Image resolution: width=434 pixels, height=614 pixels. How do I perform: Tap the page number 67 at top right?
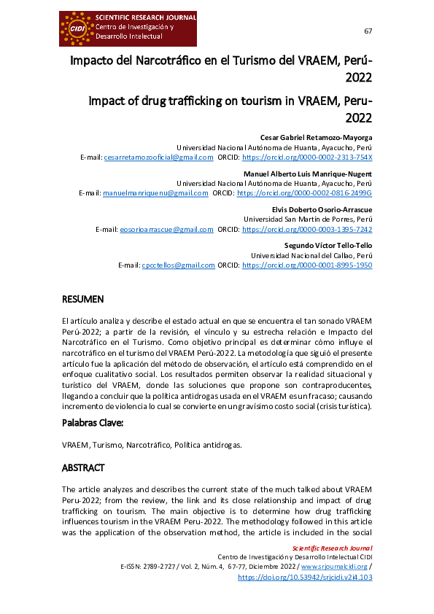click(368, 31)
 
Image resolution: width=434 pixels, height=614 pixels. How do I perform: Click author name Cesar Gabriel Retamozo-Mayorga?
click(317, 137)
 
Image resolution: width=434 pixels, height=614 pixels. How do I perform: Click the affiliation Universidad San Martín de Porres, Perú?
click(308, 219)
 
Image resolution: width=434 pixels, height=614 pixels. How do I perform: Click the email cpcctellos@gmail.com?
click(178, 265)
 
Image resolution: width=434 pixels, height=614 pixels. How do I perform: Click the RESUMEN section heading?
click(83, 299)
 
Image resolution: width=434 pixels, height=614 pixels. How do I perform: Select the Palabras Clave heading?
click(93, 423)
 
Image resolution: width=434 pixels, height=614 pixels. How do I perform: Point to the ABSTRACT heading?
click(84, 467)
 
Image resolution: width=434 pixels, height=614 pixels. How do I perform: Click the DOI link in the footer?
click(306, 576)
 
